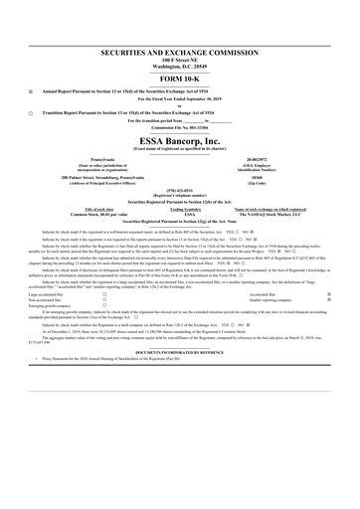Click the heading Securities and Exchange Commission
[x=180, y=51]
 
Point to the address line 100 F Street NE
[x=180, y=60]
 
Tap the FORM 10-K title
[x=180, y=79]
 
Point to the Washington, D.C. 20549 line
[x=180, y=66]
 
